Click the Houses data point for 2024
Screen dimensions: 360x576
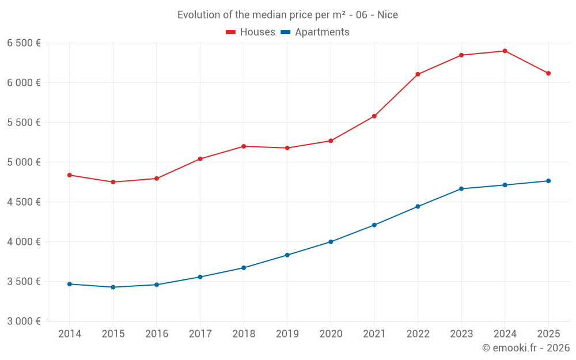(x=505, y=51)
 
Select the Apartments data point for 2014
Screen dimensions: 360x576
(x=70, y=284)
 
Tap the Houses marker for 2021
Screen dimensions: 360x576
(x=374, y=116)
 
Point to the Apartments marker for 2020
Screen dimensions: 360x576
(x=331, y=242)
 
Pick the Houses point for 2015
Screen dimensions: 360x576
(x=113, y=182)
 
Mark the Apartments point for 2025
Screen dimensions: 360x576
(x=548, y=181)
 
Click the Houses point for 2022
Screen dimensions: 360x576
(x=418, y=74)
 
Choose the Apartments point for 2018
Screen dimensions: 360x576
(x=244, y=268)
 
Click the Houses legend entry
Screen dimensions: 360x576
(x=251, y=32)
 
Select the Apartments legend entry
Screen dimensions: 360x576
(x=315, y=32)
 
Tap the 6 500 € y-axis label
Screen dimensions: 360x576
(x=24, y=43)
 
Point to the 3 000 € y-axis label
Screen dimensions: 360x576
(x=24, y=321)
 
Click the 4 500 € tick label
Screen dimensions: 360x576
(x=24, y=202)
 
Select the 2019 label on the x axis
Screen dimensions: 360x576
(x=287, y=334)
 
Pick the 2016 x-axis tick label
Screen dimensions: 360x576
(x=157, y=334)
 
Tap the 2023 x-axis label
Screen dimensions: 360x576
(x=461, y=334)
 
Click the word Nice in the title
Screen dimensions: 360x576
(x=388, y=15)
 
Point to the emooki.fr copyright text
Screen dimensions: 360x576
(x=526, y=348)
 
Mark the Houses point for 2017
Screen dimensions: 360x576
(x=200, y=159)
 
